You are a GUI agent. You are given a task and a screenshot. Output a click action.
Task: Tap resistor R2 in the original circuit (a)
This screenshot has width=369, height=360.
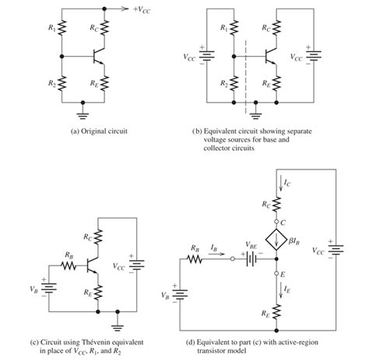(63, 81)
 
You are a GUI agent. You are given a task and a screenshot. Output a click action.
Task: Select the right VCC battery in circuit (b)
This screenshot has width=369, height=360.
(313, 57)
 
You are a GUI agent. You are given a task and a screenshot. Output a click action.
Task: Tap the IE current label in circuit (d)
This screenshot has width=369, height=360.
(286, 288)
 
